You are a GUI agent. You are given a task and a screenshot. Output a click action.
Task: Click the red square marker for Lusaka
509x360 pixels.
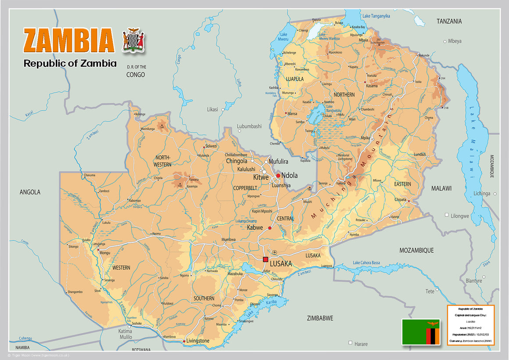click(x=265, y=259)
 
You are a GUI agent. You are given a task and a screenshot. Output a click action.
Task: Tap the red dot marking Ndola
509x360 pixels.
click(x=278, y=176)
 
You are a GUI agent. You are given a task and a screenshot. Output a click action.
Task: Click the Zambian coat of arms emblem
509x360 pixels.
click(x=133, y=40)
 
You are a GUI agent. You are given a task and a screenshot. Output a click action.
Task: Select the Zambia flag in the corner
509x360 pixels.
click(x=421, y=332)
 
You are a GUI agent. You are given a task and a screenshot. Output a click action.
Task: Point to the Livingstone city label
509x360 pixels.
click(x=198, y=341)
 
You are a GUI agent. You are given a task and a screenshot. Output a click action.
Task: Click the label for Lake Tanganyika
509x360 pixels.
click(x=376, y=16)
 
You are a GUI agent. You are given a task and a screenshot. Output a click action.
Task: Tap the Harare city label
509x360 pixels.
click(x=361, y=344)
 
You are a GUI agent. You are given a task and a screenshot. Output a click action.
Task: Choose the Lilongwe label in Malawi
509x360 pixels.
click(x=460, y=216)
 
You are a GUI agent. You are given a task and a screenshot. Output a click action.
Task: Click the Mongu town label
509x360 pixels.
click(x=106, y=253)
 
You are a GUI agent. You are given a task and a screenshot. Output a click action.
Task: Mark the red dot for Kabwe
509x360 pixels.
click(x=270, y=228)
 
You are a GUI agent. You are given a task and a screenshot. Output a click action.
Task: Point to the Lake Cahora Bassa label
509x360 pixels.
click(x=373, y=263)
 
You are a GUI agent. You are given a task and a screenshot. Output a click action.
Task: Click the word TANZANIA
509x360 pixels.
click(x=449, y=21)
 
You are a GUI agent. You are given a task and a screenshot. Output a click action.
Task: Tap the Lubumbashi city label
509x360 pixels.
click(x=249, y=126)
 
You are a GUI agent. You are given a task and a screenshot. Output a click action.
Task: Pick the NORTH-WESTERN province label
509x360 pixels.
click(x=162, y=161)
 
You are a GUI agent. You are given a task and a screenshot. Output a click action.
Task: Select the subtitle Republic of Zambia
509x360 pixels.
click(x=70, y=63)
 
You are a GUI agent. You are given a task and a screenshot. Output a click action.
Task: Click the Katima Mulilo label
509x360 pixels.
click(x=125, y=334)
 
